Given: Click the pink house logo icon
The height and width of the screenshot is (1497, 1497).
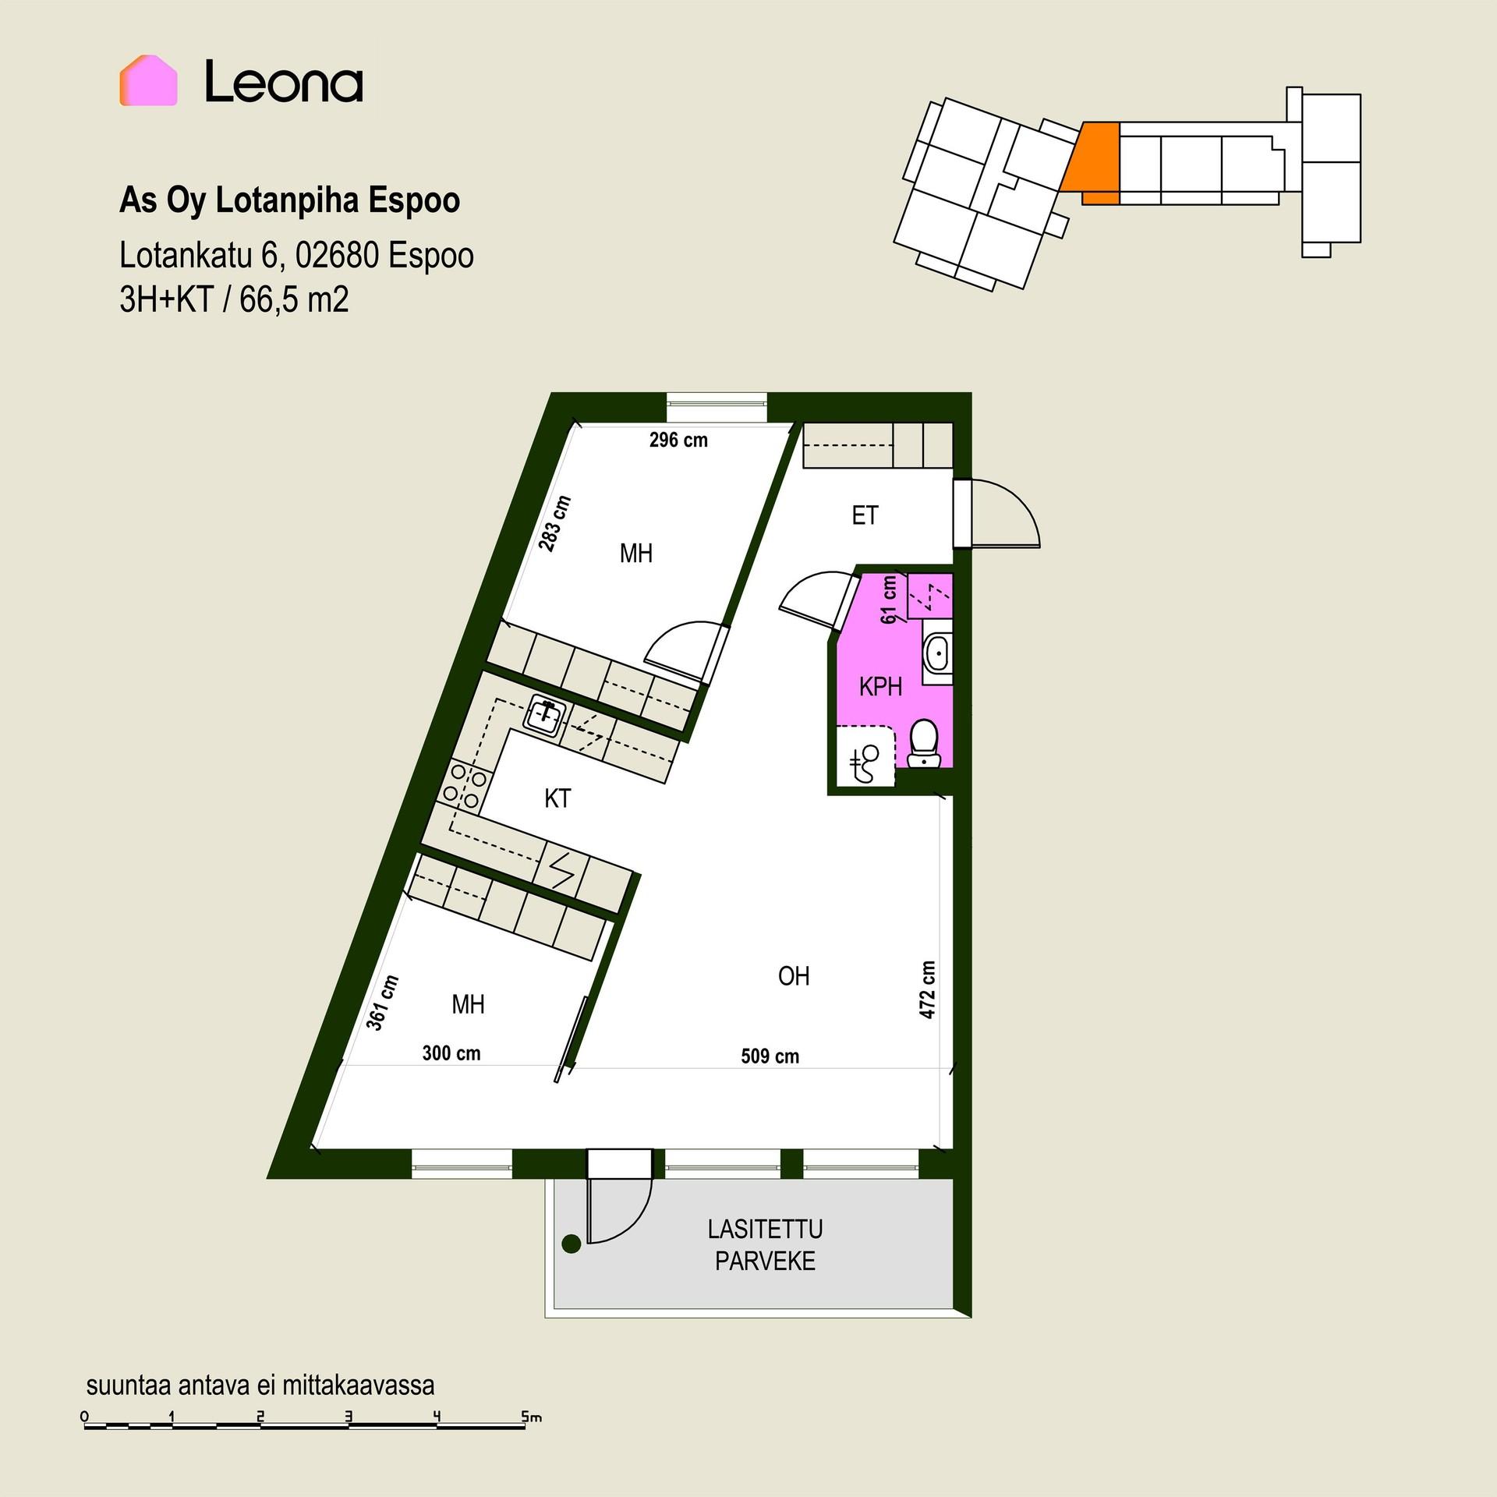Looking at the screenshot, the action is (x=148, y=80).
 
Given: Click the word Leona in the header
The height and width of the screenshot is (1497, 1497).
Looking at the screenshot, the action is (x=284, y=82).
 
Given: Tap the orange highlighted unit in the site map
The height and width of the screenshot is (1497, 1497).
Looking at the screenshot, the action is (x=1092, y=162).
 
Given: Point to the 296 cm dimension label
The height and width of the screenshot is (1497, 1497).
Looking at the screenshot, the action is (x=678, y=441).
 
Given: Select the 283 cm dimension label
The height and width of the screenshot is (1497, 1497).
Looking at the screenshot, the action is (x=556, y=524).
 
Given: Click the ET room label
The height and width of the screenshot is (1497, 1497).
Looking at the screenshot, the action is (x=865, y=515).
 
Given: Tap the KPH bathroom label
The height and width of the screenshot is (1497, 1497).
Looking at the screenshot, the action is (x=880, y=687).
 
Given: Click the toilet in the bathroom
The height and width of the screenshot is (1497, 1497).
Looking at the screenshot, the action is (x=925, y=742).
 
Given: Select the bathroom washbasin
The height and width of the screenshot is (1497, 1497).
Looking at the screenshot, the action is (x=936, y=653).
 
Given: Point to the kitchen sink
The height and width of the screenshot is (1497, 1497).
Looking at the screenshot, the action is (x=546, y=713).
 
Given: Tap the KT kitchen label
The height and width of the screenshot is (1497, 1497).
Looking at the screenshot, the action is (x=557, y=798).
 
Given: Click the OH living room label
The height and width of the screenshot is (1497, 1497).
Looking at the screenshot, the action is (x=794, y=975).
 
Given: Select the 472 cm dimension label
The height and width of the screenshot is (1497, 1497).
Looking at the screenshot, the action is (x=928, y=989).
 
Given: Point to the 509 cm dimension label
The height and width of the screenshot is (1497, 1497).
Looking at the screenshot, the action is (x=770, y=1056).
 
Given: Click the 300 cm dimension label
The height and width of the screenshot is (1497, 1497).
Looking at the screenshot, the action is (x=451, y=1053).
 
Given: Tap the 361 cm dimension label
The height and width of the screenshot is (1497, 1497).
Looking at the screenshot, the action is (x=383, y=1003).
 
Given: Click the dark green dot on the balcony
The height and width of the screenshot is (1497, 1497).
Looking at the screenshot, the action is (x=572, y=1244).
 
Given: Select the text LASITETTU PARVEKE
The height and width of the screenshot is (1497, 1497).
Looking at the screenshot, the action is (x=765, y=1245).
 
